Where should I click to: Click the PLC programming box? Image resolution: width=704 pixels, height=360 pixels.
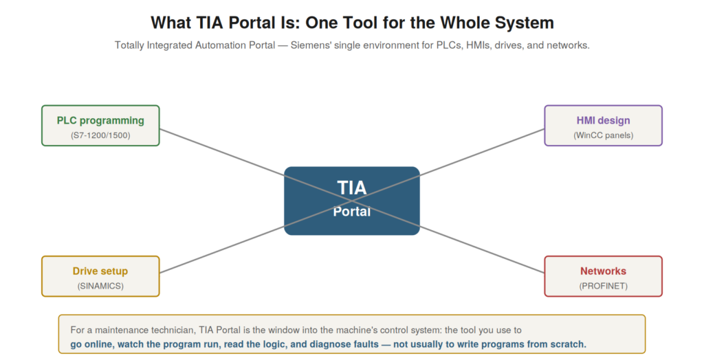(100, 126)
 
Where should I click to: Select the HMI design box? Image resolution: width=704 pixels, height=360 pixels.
(604, 126)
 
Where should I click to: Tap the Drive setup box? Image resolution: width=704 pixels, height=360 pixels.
(100, 276)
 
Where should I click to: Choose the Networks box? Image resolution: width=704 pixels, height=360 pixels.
(604, 276)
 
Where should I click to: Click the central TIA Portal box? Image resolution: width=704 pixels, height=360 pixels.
(352, 201)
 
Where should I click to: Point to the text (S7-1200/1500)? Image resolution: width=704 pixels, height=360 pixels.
(100, 135)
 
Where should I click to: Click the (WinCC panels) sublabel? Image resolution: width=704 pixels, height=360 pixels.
(604, 135)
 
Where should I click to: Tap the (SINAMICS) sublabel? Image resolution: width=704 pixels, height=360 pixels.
(100, 286)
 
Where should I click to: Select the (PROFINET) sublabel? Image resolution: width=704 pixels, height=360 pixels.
(604, 286)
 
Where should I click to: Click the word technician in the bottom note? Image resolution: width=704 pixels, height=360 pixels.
(171, 330)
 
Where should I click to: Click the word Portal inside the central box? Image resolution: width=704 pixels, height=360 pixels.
(352, 212)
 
